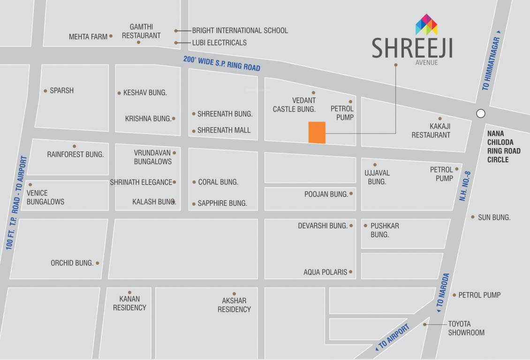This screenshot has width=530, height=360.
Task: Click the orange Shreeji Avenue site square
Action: (317, 132)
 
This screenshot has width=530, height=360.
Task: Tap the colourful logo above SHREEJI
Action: (426, 25)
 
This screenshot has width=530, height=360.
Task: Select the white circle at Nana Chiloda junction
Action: (480, 113)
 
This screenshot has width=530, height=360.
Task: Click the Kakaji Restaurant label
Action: (431, 131)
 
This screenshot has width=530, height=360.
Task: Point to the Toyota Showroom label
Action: (466, 328)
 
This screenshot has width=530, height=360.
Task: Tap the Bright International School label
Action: (240, 30)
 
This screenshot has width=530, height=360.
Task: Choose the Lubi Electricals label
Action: (219, 43)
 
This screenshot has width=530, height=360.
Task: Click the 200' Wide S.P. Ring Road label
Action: (221, 63)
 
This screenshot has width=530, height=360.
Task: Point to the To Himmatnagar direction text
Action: (491, 64)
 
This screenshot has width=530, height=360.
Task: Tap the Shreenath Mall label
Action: (224, 130)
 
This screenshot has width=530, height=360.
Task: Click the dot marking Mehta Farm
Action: (111, 36)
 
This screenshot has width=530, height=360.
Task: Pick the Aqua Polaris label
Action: (326, 272)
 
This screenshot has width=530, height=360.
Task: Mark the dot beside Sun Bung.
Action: (473, 217)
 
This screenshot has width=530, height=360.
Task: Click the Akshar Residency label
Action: (234, 305)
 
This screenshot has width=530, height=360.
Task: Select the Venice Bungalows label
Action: (45, 197)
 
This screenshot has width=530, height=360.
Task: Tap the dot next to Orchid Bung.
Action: (97, 263)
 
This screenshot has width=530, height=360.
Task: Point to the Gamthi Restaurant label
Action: (141, 31)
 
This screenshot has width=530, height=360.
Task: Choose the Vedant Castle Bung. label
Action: (294, 105)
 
